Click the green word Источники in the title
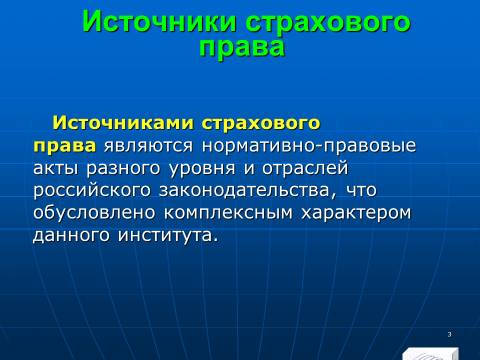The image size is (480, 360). tap(159, 21)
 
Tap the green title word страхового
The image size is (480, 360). tap(328, 24)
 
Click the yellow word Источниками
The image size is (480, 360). tap(123, 123)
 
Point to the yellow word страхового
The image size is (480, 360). tap(261, 124)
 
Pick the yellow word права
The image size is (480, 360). tap(64, 147)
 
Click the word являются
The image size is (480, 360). tap(148, 146)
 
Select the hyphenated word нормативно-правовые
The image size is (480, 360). tap(309, 146)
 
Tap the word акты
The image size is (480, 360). tap(56, 169)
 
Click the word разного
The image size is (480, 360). tap(123, 169)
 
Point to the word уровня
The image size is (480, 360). tap(202, 169)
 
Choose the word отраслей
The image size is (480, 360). tap(305, 168)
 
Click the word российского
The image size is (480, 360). tap(92, 191)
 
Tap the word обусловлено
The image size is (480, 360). tap(94, 212)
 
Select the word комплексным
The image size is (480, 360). tap(228, 213)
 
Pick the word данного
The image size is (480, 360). tap(71, 235)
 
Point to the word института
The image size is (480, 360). tap(168, 235)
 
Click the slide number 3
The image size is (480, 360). tap(449, 334)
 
